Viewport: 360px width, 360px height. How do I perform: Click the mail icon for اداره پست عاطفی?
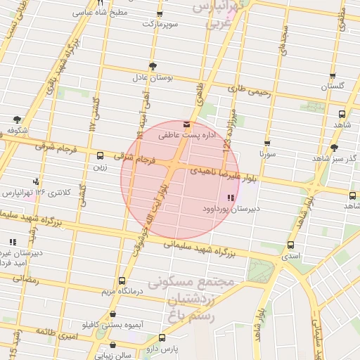tap(186, 123)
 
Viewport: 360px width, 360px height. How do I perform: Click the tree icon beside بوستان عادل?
tap(153, 65)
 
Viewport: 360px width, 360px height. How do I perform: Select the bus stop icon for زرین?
tap(100, 156)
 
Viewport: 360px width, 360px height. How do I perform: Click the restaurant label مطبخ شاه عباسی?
tap(102, 12)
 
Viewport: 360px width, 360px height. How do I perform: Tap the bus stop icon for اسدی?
tap(290, 245)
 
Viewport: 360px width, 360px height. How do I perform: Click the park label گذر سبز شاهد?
tap(334, 158)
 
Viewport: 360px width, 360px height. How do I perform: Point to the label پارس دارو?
tap(163, 348)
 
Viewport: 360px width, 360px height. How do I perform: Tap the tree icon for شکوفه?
tap(18, 120)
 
